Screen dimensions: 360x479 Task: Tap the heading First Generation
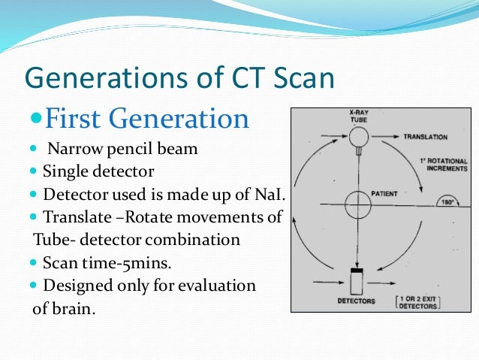(x=147, y=119)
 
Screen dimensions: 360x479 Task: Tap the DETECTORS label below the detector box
(x=357, y=301)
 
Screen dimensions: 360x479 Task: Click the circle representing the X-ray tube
(x=357, y=137)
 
